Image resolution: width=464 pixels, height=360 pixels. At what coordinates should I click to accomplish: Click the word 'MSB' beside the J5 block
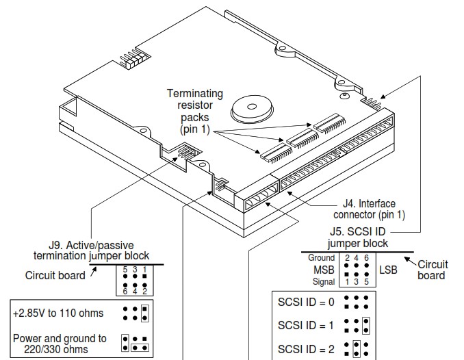(321, 270)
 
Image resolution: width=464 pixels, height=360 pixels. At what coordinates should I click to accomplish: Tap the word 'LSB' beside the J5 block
(388, 270)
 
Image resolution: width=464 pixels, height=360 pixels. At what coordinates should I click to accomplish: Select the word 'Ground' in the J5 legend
(321, 258)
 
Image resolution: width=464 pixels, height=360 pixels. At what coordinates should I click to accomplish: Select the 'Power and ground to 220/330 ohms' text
(60, 343)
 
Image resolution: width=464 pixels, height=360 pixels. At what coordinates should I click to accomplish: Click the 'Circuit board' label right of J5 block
(432, 270)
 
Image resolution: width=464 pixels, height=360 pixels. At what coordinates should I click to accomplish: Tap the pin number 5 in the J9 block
(125, 269)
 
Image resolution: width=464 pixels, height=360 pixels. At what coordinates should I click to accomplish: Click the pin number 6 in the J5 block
(367, 258)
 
